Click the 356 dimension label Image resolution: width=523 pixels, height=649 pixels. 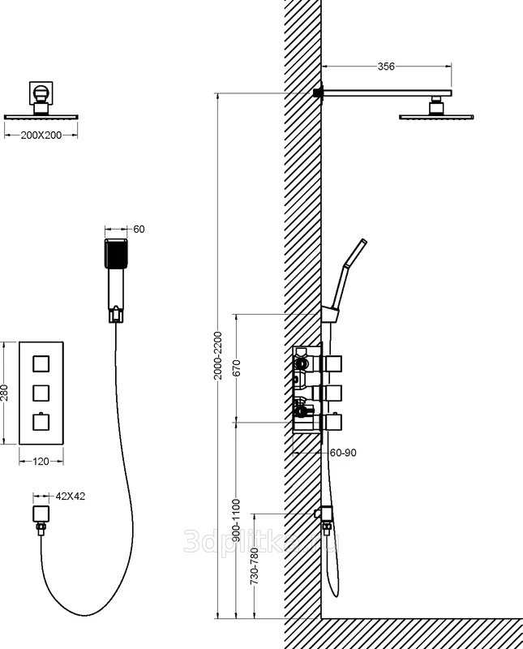[386, 67]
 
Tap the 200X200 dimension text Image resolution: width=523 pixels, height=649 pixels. [41, 135]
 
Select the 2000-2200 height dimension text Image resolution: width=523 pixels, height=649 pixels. [218, 355]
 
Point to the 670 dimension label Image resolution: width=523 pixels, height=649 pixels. [237, 368]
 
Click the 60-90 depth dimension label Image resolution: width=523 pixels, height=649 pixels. [343, 453]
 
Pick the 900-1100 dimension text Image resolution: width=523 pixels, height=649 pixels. [236, 521]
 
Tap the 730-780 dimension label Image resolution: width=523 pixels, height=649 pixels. [255, 566]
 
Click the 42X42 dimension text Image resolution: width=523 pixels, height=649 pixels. [71, 496]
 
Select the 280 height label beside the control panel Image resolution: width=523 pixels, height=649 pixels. [5, 393]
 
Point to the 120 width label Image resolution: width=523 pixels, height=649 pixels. [41, 461]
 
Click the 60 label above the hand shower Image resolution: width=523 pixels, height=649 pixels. [139, 230]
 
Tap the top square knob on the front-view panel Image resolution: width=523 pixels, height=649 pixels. [41, 363]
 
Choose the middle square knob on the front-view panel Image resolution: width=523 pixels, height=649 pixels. [41, 393]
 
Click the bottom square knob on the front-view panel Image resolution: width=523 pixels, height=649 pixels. [41, 423]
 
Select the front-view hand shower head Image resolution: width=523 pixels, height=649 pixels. [116, 253]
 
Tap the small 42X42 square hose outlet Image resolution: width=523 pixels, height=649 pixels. [41, 514]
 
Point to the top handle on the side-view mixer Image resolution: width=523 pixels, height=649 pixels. [333, 363]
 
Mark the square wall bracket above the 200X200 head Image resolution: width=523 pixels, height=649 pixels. [41, 93]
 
